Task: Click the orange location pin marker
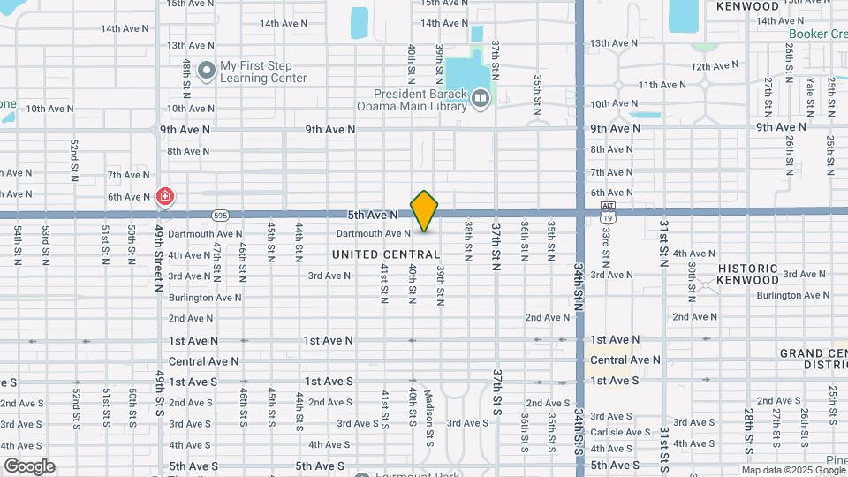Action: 424,210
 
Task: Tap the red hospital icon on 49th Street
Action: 164,197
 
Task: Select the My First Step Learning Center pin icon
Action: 207,70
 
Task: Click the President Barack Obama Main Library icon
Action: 481,98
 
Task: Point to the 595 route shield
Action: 221,215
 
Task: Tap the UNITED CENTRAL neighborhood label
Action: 386,254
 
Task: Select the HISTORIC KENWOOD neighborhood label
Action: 748,274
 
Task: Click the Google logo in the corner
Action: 29,466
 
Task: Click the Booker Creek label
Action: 817,34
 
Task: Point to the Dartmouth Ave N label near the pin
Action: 373,234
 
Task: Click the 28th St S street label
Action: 749,418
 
